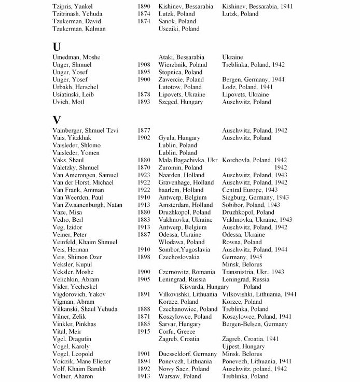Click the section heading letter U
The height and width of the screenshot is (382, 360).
[x=57, y=46]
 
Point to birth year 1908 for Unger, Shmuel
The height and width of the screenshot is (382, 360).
[x=144, y=65]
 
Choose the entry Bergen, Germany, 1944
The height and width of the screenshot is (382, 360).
[x=250, y=80]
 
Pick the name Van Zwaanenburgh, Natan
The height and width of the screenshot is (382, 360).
[x=88, y=205]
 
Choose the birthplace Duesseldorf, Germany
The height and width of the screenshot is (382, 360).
[x=188, y=354]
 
